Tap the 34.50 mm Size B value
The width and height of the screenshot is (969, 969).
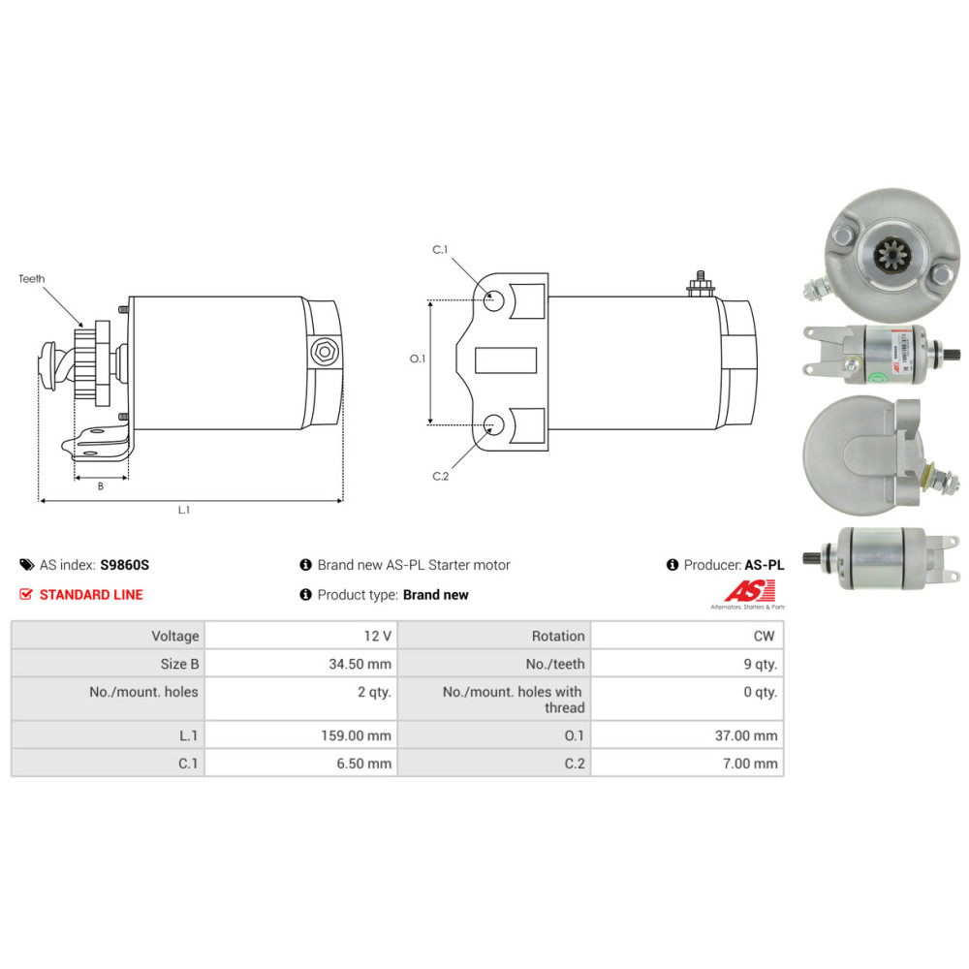[x=359, y=664]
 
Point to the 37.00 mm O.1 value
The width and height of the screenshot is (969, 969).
[x=745, y=735]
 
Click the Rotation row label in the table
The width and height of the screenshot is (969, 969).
[x=558, y=636]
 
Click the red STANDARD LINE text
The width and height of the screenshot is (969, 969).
[x=91, y=594]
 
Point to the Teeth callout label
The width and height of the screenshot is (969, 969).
[x=31, y=279]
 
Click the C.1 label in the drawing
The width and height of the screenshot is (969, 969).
[x=440, y=250]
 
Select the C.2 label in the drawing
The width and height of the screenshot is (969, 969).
[x=440, y=475]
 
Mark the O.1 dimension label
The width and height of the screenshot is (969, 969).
[x=418, y=359]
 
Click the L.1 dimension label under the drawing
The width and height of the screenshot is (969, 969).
[x=184, y=511]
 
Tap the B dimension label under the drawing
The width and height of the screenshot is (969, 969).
[x=100, y=486]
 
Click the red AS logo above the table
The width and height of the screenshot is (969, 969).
[x=752, y=590]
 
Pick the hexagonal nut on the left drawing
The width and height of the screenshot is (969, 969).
[x=323, y=353]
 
